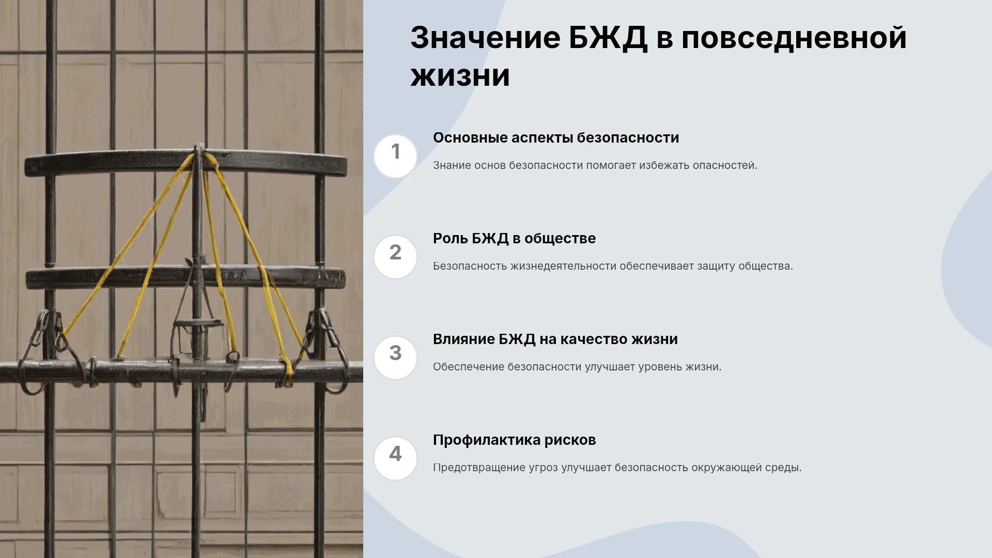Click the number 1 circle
pyautogui.click(x=395, y=156)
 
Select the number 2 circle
pyautogui.click(x=395, y=257)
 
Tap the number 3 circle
pyautogui.click(x=395, y=358)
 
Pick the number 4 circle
pyautogui.click(x=395, y=458)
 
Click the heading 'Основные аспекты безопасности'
pyautogui.click(x=556, y=138)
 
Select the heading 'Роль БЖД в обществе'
pyautogui.click(x=514, y=239)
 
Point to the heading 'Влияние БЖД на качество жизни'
pyautogui.click(x=555, y=339)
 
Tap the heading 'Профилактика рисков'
pyautogui.click(x=514, y=440)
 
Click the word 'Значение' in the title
pyautogui.click(x=485, y=38)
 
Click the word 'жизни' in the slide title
pyautogui.click(x=460, y=76)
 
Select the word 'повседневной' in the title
pyautogui.click(x=794, y=39)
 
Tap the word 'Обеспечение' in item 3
pyautogui.click(x=469, y=367)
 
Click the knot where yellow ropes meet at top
pyautogui.click(x=198, y=158)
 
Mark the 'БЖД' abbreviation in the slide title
pyautogui.click(x=608, y=39)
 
